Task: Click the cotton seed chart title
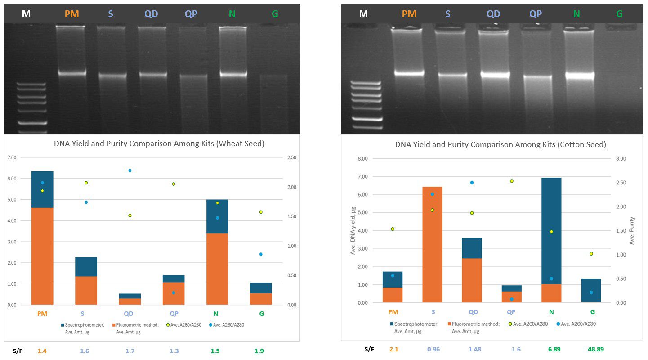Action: click(x=501, y=144)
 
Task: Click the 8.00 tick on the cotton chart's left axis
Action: click(x=362, y=159)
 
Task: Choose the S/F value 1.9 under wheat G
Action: click(x=259, y=351)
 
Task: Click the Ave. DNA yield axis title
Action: click(x=353, y=230)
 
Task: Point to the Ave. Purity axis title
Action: click(x=631, y=230)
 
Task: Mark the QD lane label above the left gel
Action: click(x=151, y=14)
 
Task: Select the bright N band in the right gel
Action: click(x=579, y=75)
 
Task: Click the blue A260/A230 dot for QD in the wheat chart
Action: click(x=130, y=171)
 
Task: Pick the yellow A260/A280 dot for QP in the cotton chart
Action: click(x=511, y=181)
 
